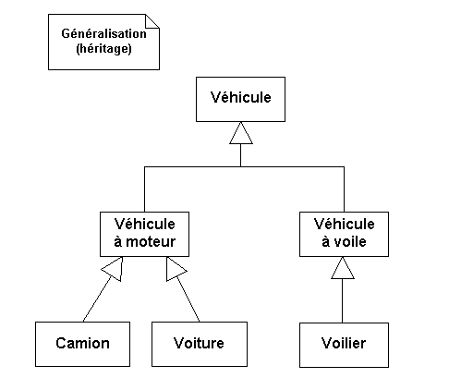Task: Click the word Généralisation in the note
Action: (x=103, y=33)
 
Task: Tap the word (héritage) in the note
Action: (x=103, y=49)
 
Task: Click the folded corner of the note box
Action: (x=152, y=21)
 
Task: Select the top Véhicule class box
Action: (x=240, y=99)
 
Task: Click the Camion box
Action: (x=82, y=344)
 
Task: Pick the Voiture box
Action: (x=200, y=344)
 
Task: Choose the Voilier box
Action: (x=344, y=345)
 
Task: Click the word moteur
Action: (x=151, y=241)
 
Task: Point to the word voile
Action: (x=350, y=241)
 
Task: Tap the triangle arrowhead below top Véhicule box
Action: (x=241, y=133)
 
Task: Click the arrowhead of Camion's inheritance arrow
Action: (x=114, y=269)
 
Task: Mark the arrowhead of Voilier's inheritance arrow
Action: (x=343, y=268)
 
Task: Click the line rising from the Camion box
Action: (x=97, y=299)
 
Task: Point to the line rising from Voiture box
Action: (x=188, y=299)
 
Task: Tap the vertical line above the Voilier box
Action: (x=343, y=300)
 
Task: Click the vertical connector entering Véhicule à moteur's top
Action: (x=144, y=189)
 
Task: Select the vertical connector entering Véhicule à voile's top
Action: (x=344, y=189)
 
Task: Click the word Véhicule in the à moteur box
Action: (x=144, y=224)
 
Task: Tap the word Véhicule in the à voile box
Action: (x=344, y=224)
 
